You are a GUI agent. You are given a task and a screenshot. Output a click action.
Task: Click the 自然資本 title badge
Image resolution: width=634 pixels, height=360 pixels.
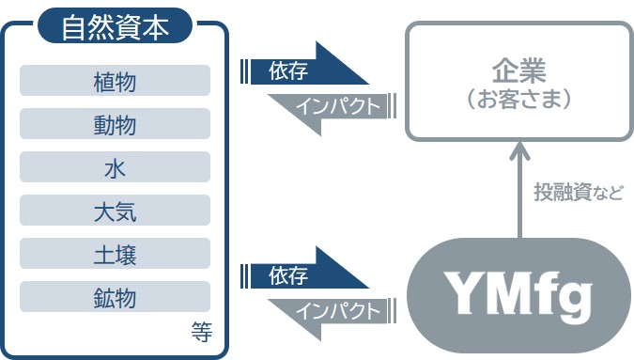(116, 25)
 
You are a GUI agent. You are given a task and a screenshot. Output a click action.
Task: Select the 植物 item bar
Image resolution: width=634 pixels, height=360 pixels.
(115, 81)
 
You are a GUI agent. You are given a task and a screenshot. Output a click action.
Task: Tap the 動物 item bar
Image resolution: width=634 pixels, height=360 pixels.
(115, 124)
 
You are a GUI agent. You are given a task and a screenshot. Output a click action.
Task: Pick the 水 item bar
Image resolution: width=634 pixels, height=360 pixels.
(115, 167)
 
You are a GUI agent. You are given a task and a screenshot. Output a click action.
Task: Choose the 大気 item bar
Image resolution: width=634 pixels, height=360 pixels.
(115, 211)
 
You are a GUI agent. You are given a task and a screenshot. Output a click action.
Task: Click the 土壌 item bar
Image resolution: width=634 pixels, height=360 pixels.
(115, 254)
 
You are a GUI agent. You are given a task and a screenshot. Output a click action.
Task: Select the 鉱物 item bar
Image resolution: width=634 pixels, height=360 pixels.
(115, 298)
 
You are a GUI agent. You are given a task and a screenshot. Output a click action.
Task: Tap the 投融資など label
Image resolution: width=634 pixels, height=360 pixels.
(579, 192)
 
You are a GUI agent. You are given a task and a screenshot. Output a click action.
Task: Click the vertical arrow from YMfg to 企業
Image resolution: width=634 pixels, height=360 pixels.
(519, 192)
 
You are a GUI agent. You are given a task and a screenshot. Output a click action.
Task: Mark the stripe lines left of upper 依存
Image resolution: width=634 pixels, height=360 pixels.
(246, 71)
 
